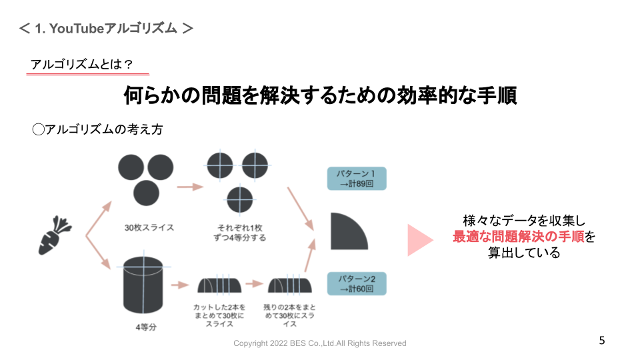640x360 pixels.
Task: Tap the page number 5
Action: coord(602,341)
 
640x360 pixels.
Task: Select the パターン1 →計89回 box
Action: coord(357,179)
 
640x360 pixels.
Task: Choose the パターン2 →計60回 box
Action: coord(357,283)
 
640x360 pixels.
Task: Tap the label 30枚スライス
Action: coord(149,227)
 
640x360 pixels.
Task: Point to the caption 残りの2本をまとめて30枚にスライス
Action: coord(289,315)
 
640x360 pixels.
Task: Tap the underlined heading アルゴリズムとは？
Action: coord(81,64)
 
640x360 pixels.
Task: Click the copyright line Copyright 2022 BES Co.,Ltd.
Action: coord(319,343)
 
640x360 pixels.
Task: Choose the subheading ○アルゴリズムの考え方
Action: coord(97,129)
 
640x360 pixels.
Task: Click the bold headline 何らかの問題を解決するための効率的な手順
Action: coord(320,95)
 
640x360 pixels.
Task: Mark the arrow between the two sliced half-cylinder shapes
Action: coord(254,284)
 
